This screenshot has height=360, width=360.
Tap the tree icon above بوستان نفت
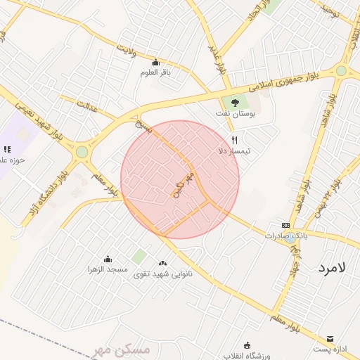(235, 102)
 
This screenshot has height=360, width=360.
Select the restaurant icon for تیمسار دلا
(235, 140)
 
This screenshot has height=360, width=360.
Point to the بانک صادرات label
(282, 236)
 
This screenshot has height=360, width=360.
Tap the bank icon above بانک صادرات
(285, 225)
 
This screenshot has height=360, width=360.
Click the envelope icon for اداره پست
(330, 338)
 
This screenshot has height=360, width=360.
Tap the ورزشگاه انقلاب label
(245, 355)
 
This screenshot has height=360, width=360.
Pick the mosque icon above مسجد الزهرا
(108, 259)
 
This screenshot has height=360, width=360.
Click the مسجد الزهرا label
(108, 269)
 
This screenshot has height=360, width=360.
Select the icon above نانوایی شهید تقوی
(163, 263)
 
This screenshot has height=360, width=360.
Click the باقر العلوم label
(155, 72)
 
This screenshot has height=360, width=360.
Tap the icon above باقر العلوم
(155, 62)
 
